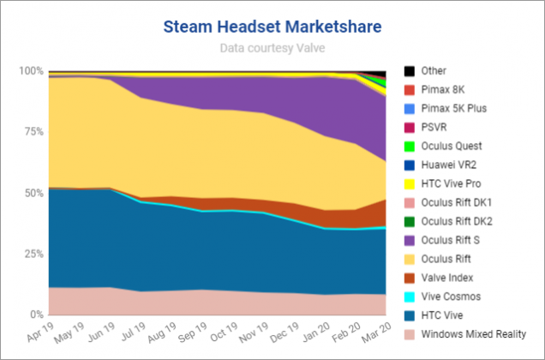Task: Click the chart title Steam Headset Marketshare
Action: pyautogui.click(x=272, y=28)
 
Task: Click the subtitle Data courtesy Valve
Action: pyautogui.click(x=272, y=49)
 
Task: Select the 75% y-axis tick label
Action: pyautogui.click(x=32, y=132)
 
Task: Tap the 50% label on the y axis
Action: pyautogui.click(x=32, y=194)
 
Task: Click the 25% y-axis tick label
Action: pyautogui.click(x=32, y=255)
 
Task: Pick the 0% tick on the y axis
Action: pyautogui.click(x=35, y=315)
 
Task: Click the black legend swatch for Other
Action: pyautogui.click(x=410, y=71)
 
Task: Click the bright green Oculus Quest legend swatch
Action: pyautogui.click(x=410, y=147)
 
